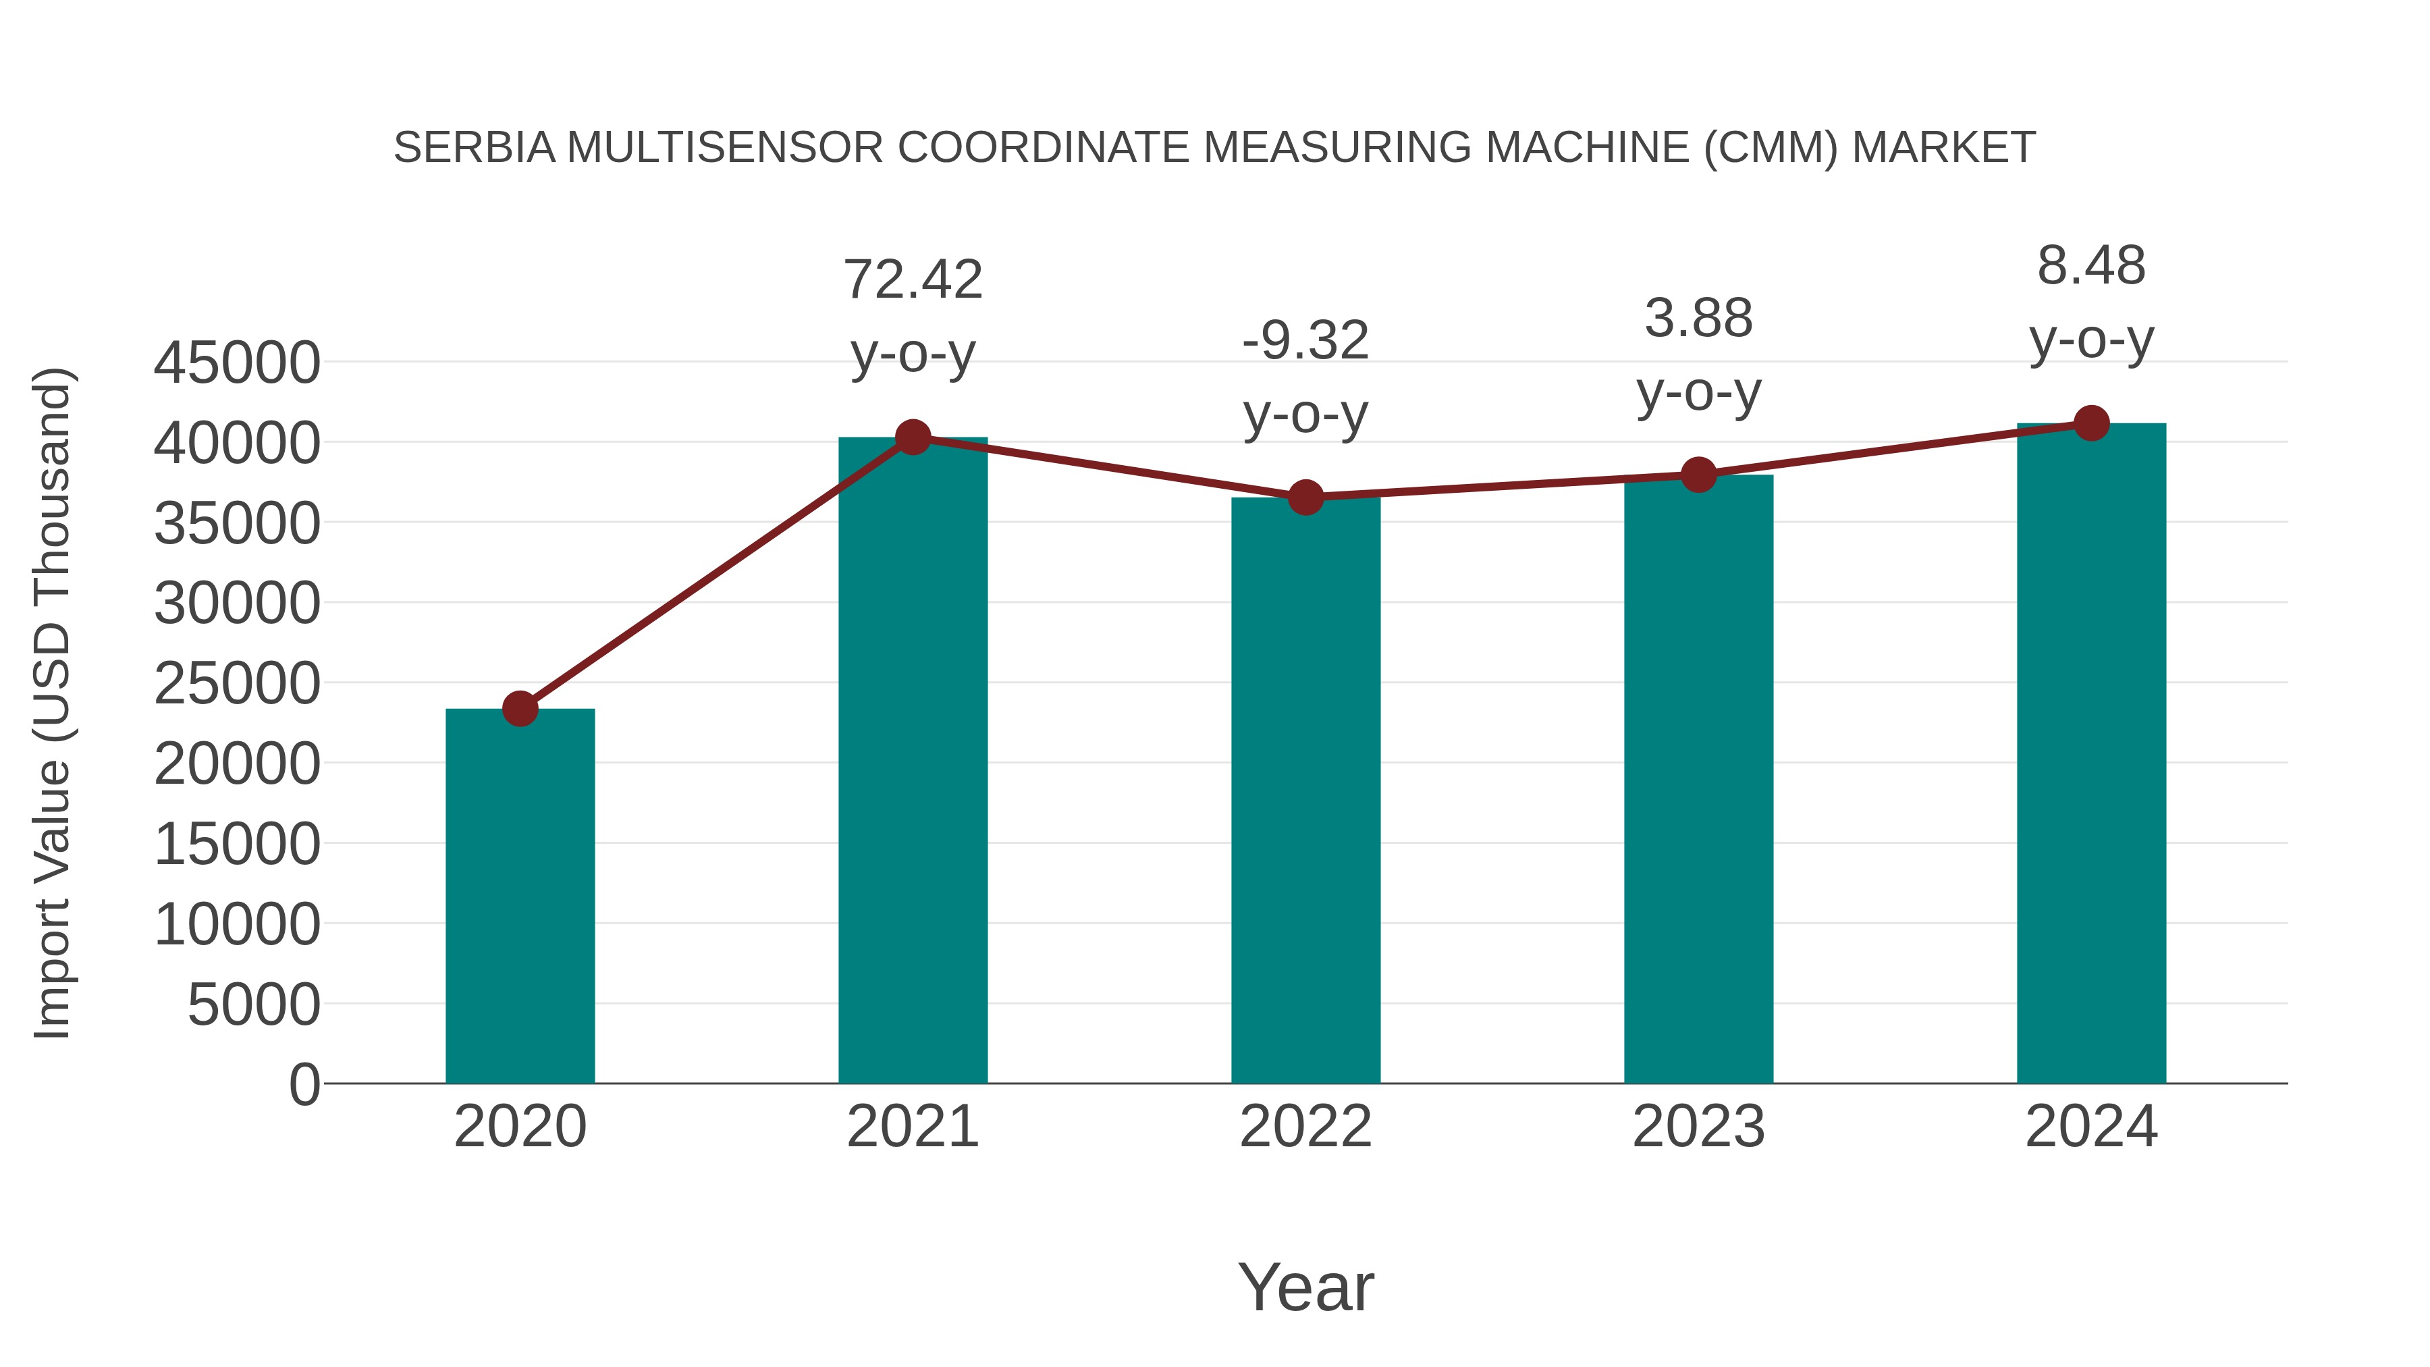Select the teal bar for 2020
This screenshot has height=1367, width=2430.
tap(520, 896)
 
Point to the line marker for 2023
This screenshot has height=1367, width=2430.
tap(1698, 475)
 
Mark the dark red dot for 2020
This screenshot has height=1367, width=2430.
tap(520, 709)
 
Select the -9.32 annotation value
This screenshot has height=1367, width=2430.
tap(1305, 341)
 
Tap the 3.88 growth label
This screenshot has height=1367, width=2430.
tap(1698, 318)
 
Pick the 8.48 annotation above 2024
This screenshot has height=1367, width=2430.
tap(2091, 265)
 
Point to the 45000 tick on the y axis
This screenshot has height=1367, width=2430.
tap(237, 363)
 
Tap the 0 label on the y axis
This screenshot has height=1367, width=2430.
tap(304, 1084)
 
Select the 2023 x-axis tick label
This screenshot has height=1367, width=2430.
tap(1698, 1127)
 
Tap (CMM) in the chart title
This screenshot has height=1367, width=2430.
tap(1771, 148)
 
